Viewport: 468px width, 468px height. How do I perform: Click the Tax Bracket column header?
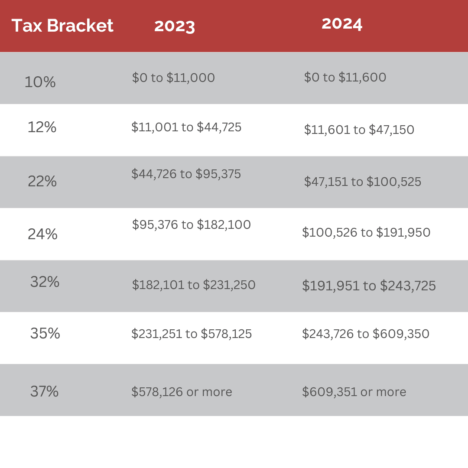click(62, 26)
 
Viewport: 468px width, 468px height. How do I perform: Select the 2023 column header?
click(175, 26)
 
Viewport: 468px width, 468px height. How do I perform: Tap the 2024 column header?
click(342, 24)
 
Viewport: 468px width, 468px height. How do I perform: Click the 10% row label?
click(40, 82)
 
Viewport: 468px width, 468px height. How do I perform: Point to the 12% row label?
click(42, 127)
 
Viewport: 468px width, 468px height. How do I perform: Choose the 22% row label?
click(42, 181)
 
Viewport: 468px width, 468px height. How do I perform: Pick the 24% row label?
click(42, 234)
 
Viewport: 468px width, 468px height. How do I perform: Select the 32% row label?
click(45, 282)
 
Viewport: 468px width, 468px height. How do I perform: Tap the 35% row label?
click(45, 333)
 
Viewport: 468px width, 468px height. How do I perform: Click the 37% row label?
click(44, 391)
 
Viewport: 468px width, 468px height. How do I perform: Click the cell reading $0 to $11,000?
click(173, 78)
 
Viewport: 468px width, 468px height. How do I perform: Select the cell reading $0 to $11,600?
click(345, 78)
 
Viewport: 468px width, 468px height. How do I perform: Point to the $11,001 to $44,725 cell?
click(186, 127)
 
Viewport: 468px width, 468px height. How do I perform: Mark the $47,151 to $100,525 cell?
click(362, 182)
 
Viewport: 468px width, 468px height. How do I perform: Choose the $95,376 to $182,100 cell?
click(191, 224)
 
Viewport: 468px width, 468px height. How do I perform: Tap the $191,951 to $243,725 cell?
click(369, 286)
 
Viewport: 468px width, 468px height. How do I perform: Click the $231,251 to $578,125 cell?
click(192, 334)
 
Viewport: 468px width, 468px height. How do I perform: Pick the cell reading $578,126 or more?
click(182, 392)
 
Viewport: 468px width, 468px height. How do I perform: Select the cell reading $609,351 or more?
click(354, 392)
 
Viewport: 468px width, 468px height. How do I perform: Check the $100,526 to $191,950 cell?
click(366, 233)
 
